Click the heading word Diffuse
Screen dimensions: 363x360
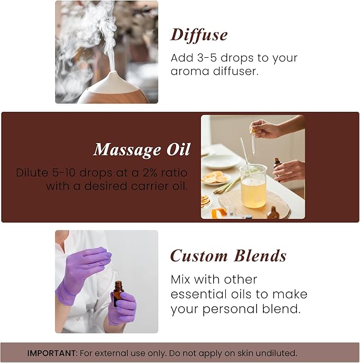click(x=199, y=35)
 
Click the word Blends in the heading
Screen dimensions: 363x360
click(x=261, y=256)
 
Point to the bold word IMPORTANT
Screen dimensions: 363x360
click(x=51, y=353)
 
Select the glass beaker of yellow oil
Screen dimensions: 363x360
click(x=253, y=187)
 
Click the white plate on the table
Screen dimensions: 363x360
click(x=220, y=160)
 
